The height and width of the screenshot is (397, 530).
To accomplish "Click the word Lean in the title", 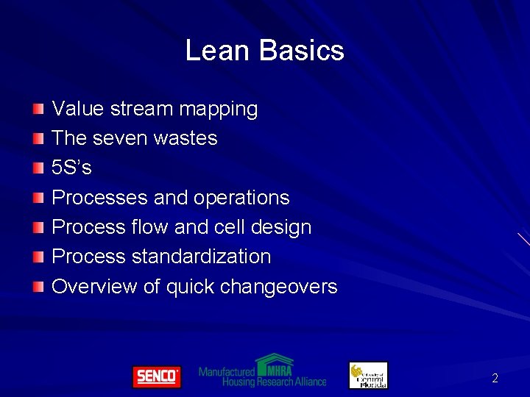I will click(210, 51).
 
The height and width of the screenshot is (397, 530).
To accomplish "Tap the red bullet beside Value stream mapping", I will click(38, 110).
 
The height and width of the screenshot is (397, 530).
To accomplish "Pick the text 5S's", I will click(71, 168).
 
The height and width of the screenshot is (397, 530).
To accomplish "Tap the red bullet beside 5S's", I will click(38, 168).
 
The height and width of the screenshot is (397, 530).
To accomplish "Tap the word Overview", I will click(94, 286).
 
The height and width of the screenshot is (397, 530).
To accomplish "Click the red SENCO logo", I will click(156, 376).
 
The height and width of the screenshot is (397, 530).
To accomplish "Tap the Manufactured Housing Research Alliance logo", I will click(262, 372).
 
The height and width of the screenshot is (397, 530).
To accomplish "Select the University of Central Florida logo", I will click(368, 375).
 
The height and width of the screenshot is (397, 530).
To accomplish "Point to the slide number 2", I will click(495, 379).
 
